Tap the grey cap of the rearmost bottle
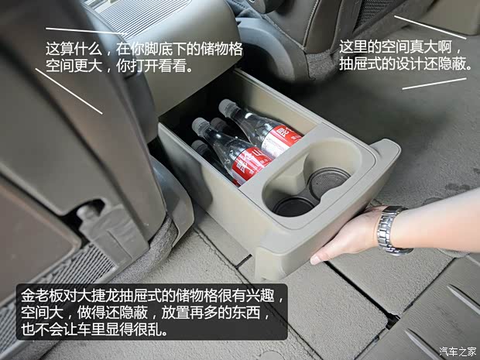point(226,107)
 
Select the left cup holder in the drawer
point(293,204)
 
